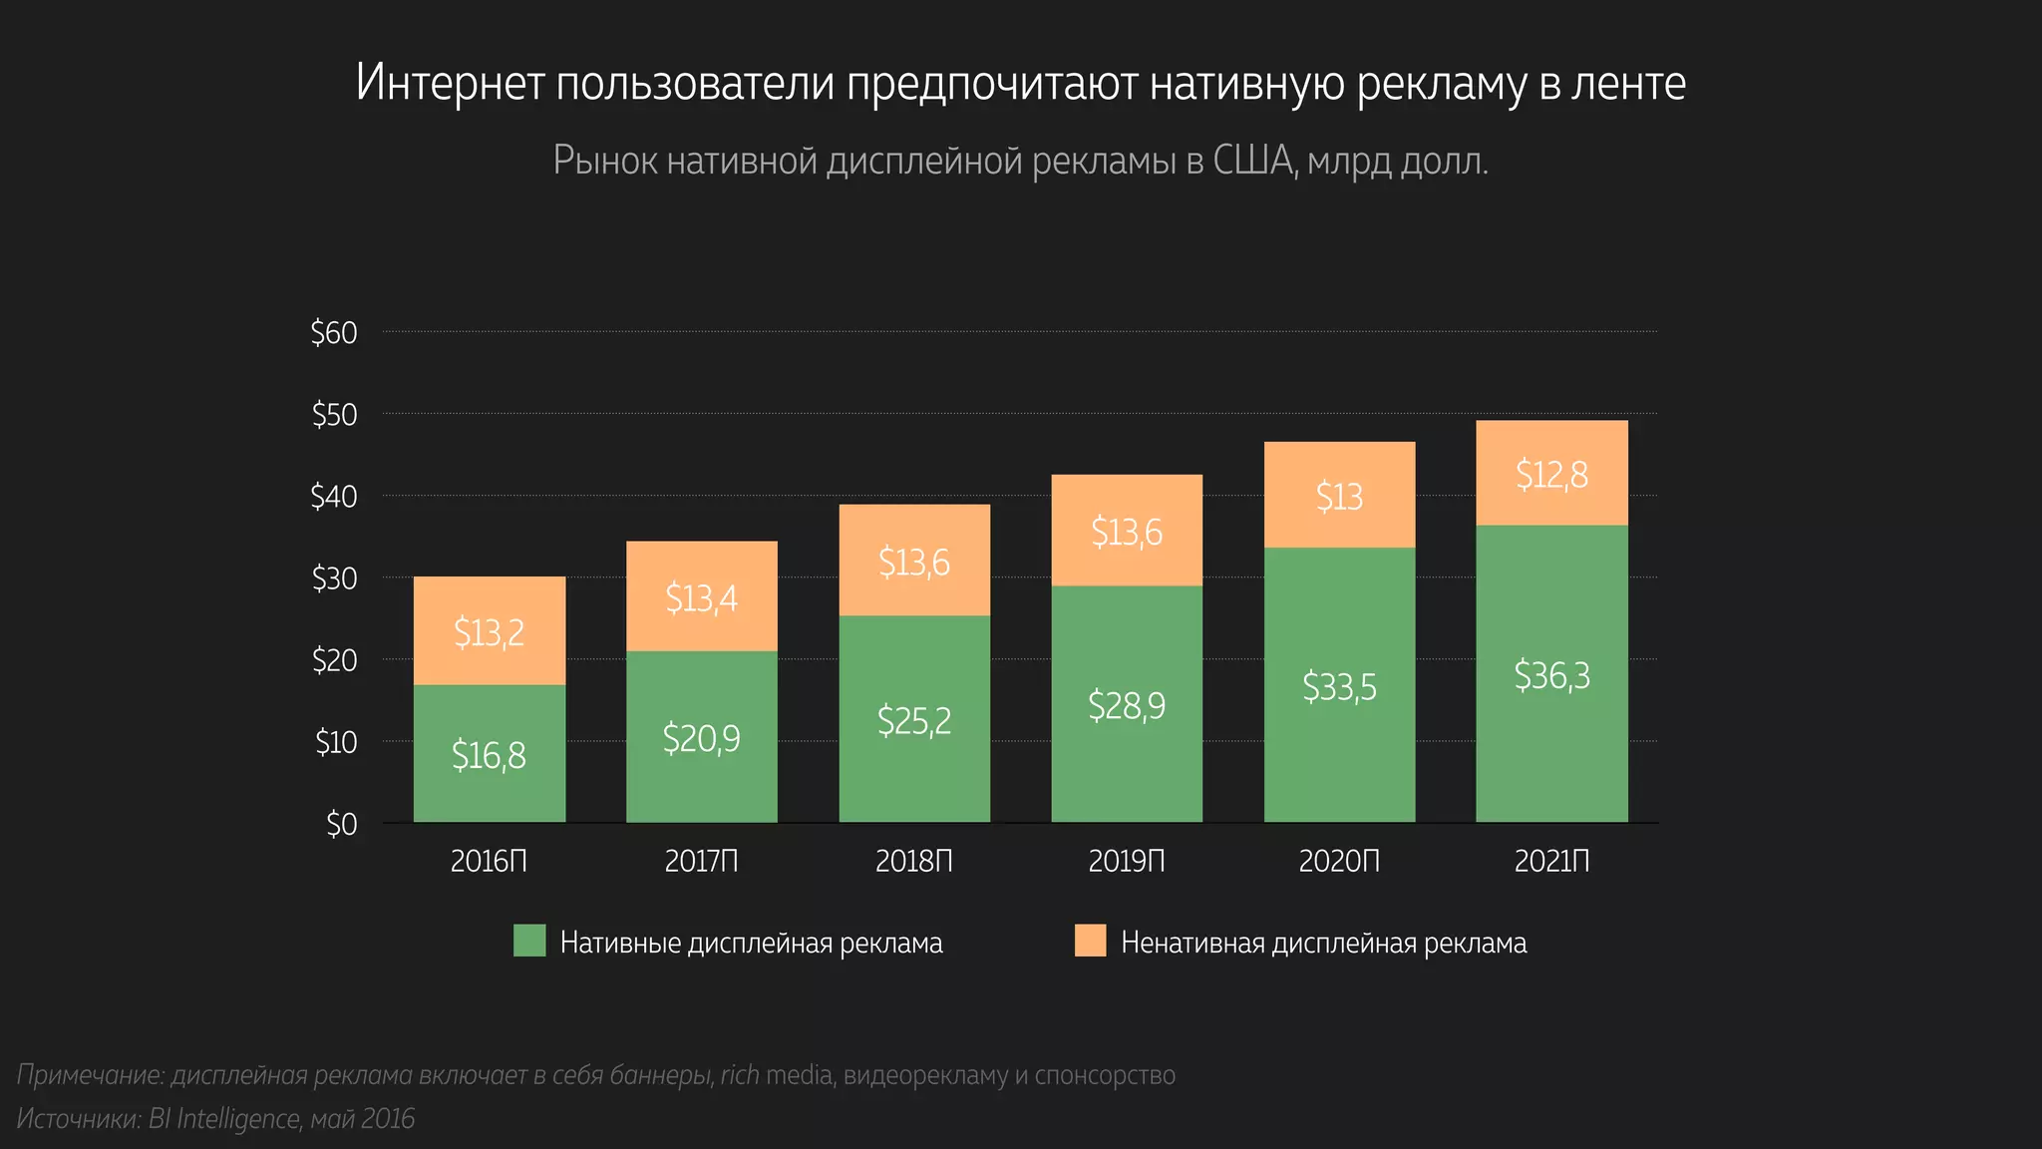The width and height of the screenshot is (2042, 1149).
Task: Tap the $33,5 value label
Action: (x=1339, y=687)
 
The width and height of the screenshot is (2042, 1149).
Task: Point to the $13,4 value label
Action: (x=701, y=598)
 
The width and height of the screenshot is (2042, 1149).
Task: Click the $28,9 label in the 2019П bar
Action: (x=1127, y=706)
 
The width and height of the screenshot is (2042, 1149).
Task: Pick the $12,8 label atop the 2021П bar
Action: (x=1551, y=475)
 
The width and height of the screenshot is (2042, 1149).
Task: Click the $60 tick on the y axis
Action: (x=334, y=332)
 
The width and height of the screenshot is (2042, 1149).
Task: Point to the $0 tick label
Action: (x=341, y=824)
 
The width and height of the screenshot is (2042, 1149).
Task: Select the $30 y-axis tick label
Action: (x=334, y=578)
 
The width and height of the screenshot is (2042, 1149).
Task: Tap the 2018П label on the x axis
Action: (x=913, y=861)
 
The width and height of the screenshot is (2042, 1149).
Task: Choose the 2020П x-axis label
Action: (x=1339, y=861)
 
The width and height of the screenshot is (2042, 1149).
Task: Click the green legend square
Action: (x=529, y=941)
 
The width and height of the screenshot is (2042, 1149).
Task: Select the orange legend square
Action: (x=1090, y=941)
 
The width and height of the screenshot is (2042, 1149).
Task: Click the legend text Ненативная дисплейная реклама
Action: (x=1323, y=943)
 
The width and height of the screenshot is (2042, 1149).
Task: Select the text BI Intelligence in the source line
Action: (x=224, y=1119)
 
